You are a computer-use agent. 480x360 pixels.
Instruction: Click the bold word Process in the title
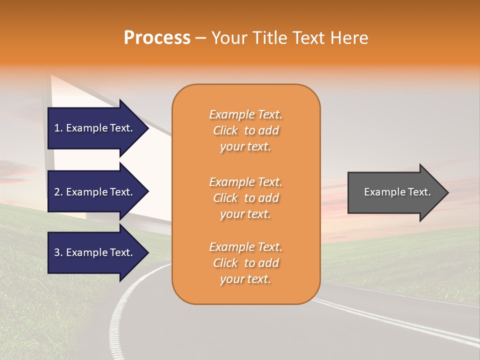tap(157, 38)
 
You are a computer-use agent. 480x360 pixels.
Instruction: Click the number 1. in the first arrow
tap(58, 128)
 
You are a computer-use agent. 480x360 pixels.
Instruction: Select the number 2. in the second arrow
tap(58, 192)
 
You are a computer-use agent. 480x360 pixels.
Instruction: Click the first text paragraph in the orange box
tap(245, 130)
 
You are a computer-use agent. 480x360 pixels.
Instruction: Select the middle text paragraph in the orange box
tap(245, 198)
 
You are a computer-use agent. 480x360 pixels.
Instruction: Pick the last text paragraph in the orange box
tap(245, 263)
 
